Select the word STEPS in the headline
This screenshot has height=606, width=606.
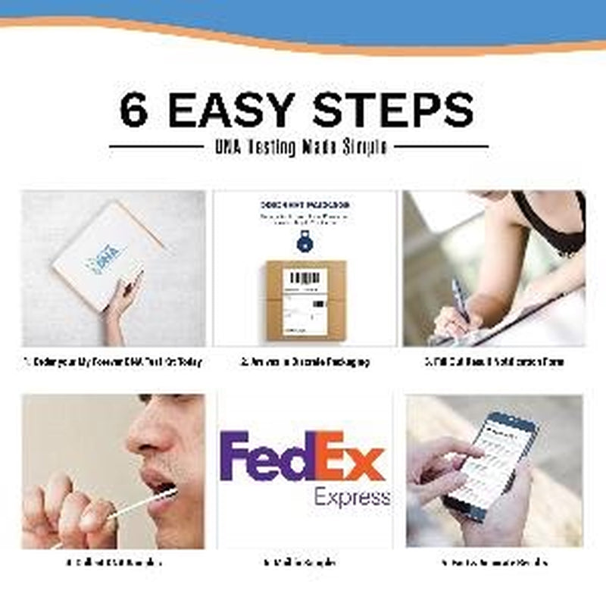[x=393, y=111]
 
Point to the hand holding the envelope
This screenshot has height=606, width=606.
[x=121, y=299]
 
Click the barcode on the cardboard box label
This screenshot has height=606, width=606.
[x=305, y=277]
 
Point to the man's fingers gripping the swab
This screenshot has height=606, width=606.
[x=68, y=511]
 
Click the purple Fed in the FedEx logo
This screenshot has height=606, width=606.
[x=265, y=458]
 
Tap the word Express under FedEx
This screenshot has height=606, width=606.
[x=352, y=498]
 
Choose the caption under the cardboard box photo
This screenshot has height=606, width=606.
[x=305, y=362]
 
